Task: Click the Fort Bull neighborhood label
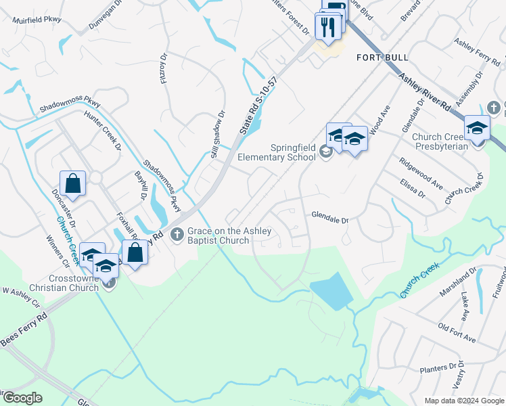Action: pos(382,58)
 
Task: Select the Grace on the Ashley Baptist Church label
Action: pos(229,235)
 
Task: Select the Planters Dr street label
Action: pos(438,369)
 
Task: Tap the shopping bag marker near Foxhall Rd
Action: pos(135,252)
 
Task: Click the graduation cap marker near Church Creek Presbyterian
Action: pos(477,128)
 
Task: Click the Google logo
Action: pos(22,398)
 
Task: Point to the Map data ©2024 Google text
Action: pos(463,401)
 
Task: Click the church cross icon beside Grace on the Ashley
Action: pos(177,235)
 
